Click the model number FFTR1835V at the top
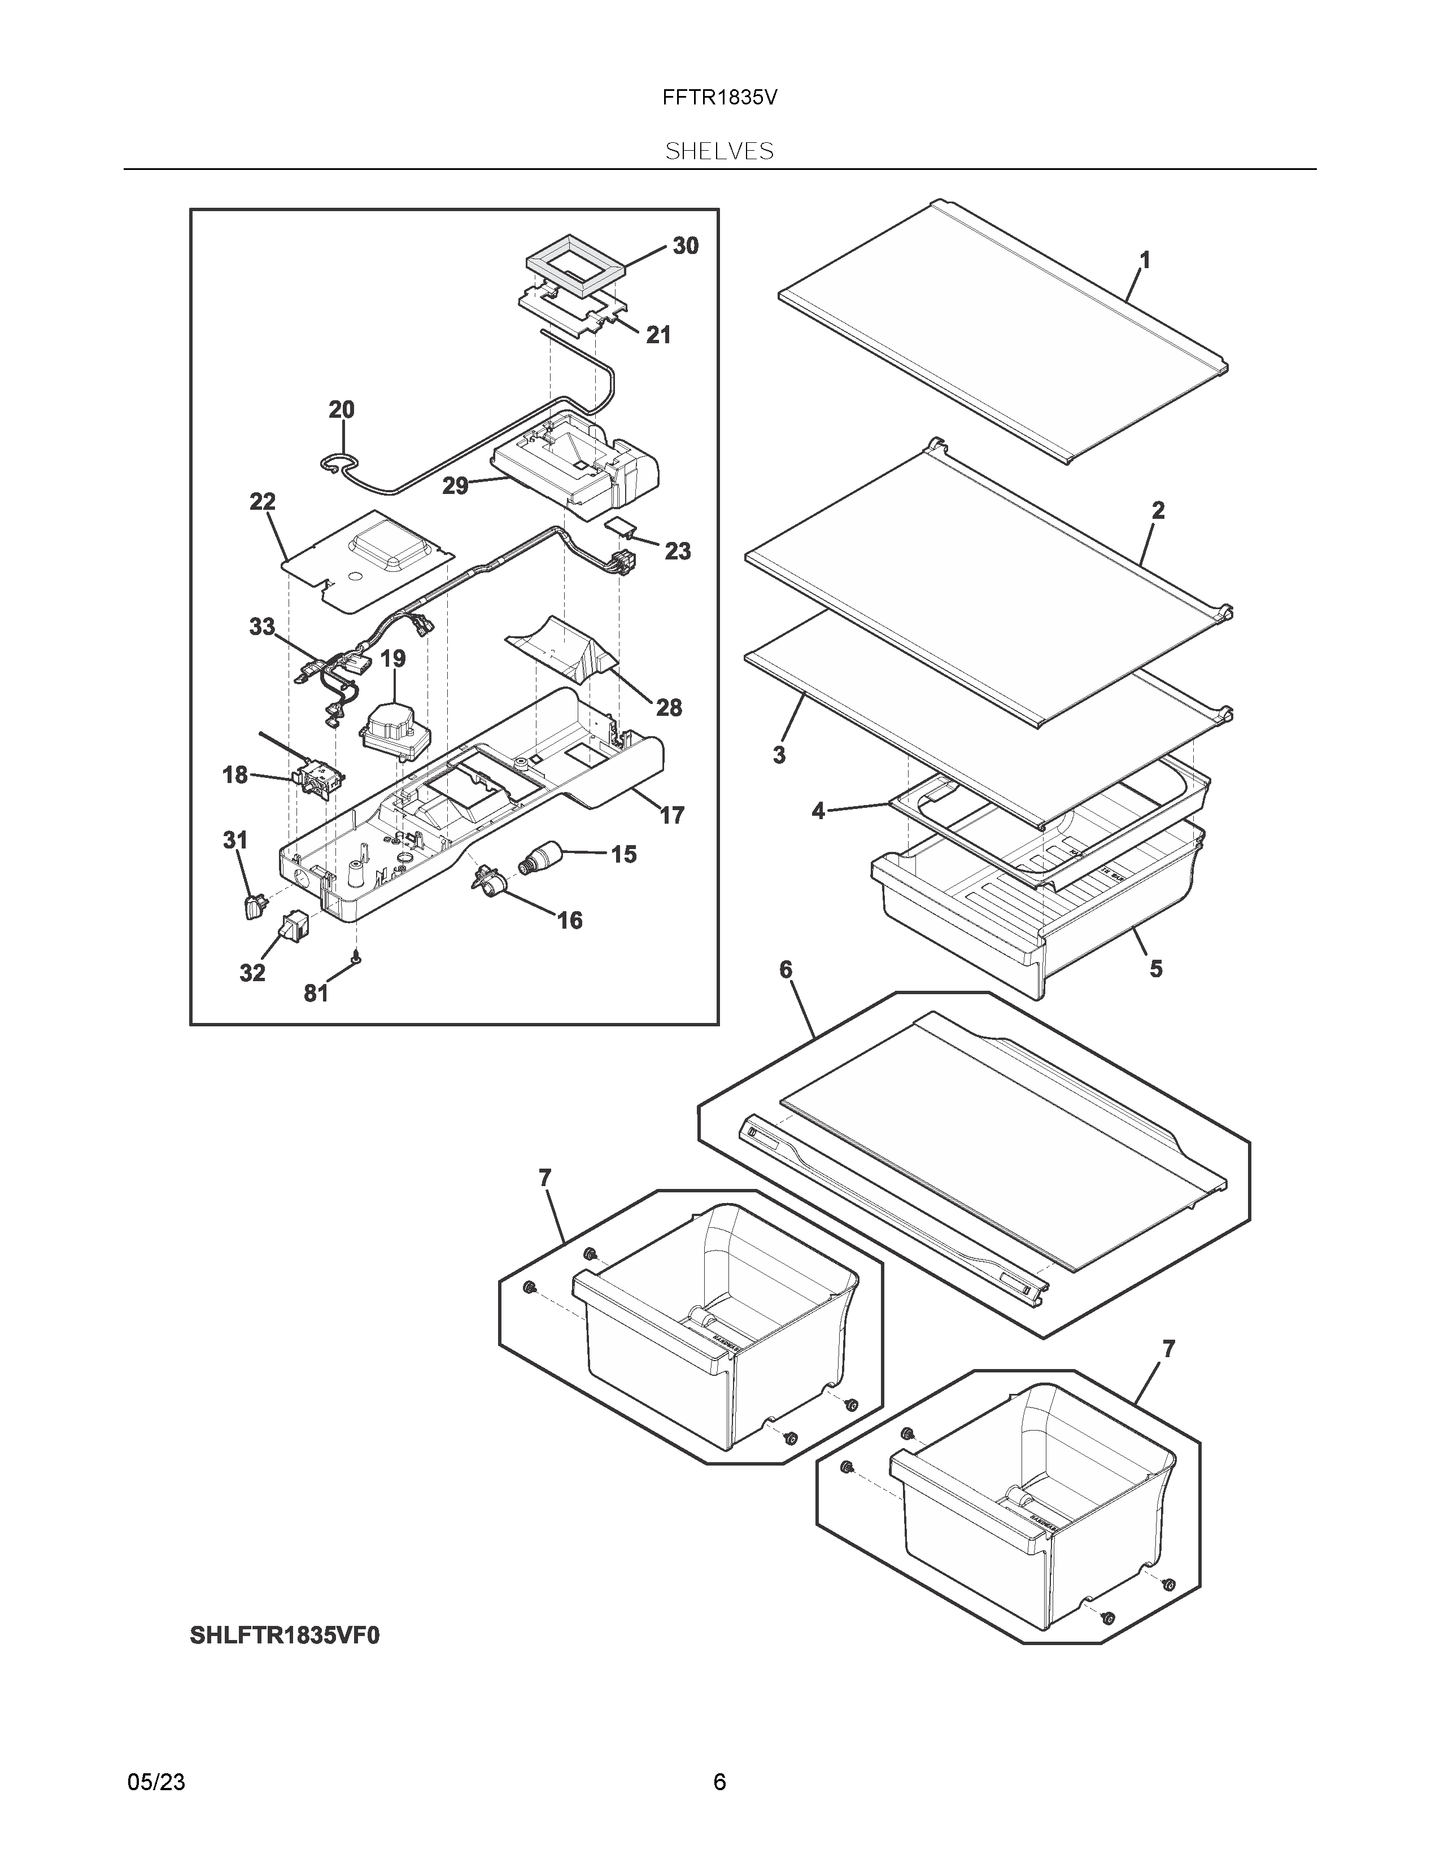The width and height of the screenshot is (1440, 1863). (719, 98)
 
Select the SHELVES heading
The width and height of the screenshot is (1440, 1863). (719, 152)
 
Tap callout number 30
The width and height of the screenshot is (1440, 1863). (685, 247)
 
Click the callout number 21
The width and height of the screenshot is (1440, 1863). (658, 335)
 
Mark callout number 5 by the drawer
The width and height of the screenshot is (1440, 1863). (1156, 969)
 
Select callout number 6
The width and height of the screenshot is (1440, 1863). (786, 970)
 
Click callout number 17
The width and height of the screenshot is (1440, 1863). (671, 816)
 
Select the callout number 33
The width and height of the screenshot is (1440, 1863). (262, 627)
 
